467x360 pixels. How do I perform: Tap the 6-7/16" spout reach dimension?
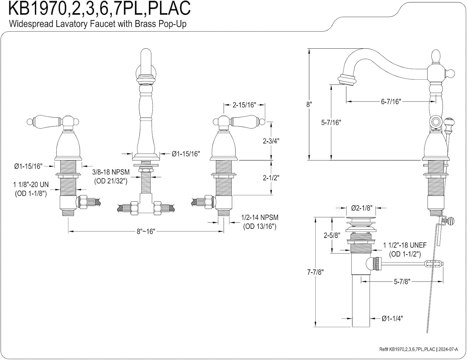coord(391,101)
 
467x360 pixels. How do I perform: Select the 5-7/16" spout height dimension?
coord(331,123)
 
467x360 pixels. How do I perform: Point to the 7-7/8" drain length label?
coord(315,272)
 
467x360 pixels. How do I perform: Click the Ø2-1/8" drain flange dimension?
coord(362,208)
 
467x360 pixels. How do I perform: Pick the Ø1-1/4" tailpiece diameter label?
coord(392,319)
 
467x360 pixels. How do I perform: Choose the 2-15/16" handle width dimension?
coord(244,105)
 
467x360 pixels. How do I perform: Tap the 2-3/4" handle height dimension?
coord(271,141)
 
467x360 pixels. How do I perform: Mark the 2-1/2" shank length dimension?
coord(271,178)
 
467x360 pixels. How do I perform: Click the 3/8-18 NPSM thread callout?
coord(111,172)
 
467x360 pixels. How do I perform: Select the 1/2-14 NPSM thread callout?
coord(260,217)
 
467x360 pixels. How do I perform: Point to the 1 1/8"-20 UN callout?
coord(31,185)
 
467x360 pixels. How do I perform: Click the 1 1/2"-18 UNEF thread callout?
coord(405,245)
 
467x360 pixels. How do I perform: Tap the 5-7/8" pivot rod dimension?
coord(402,281)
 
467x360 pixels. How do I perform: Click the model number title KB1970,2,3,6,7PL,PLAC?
coord(99,8)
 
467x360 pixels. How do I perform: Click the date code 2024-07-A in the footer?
coord(448,349)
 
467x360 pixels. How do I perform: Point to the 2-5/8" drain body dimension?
coord(331,235)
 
